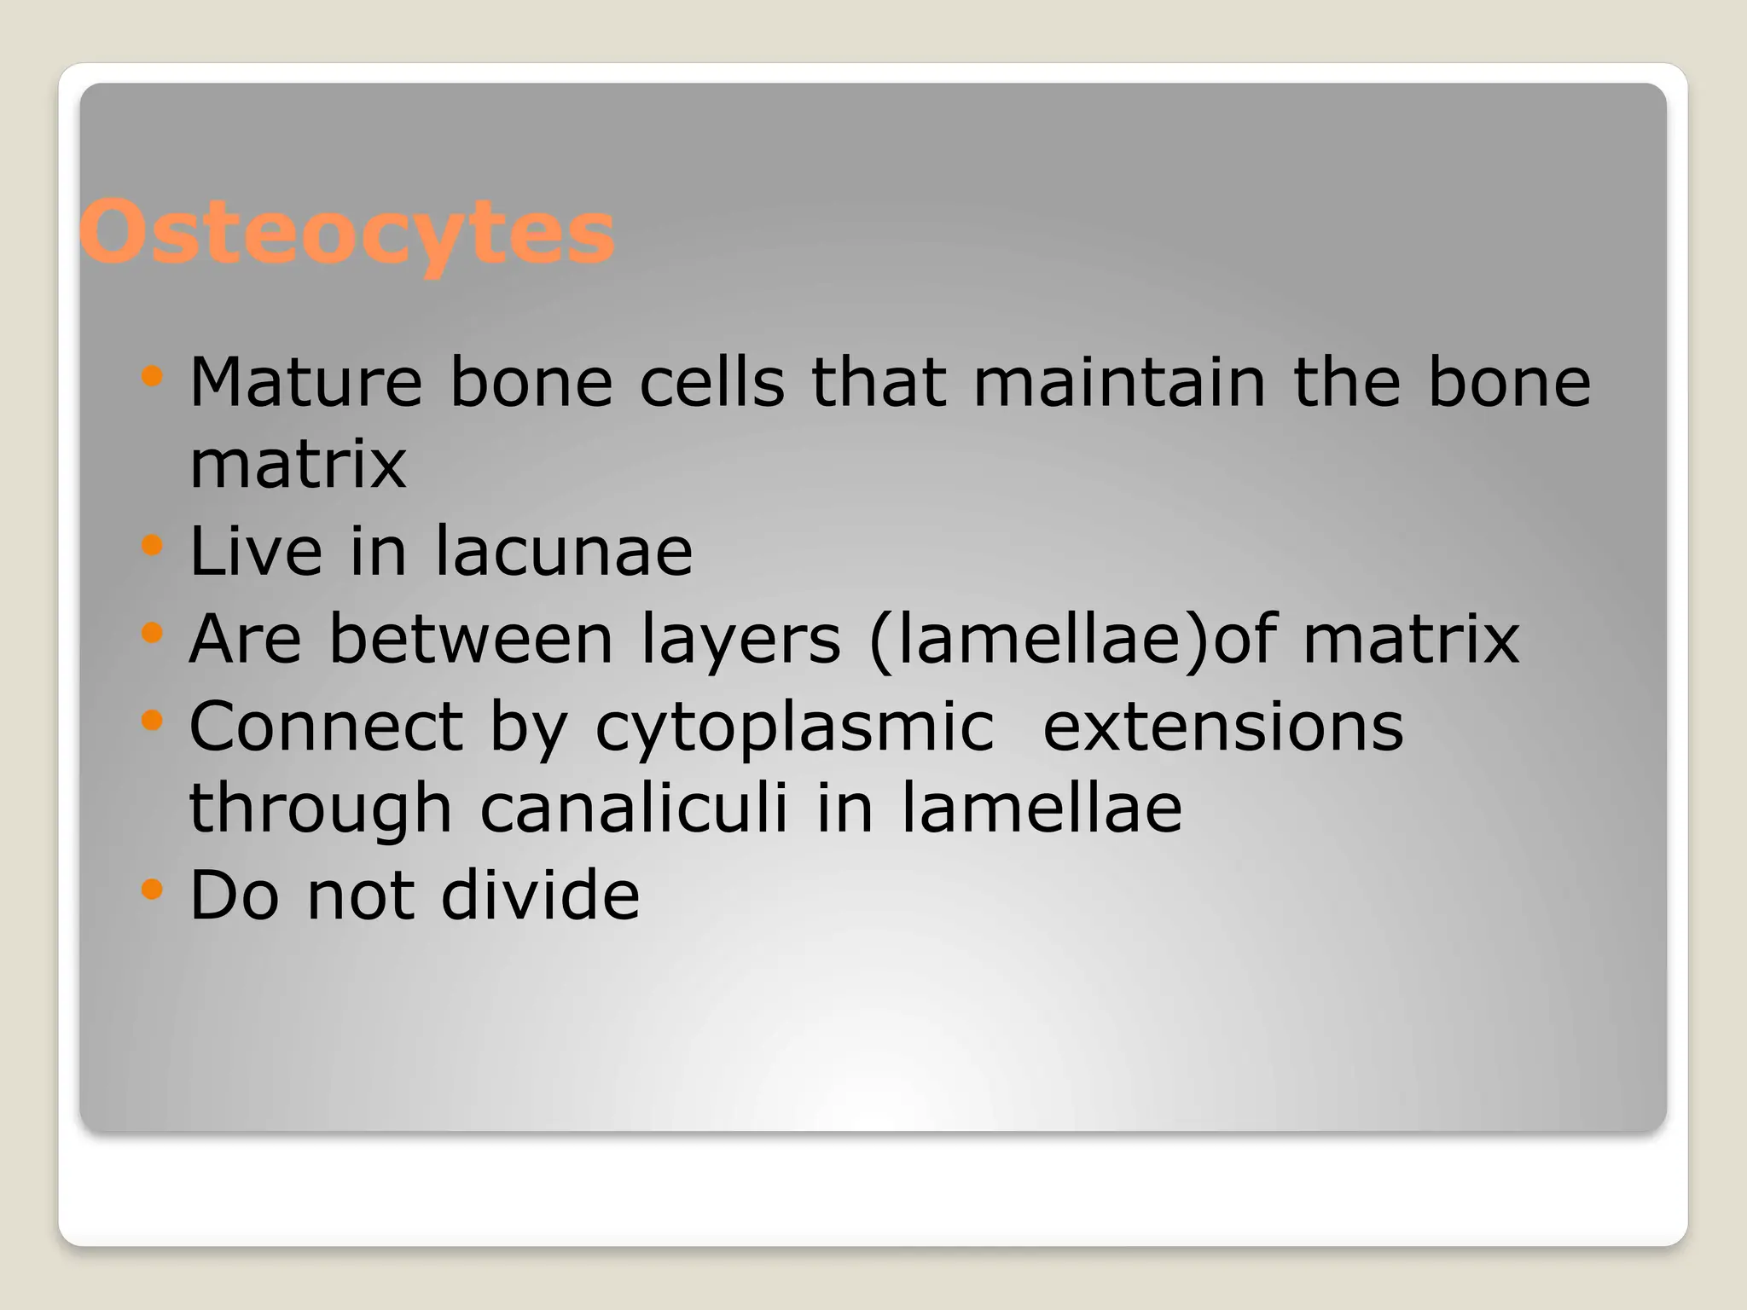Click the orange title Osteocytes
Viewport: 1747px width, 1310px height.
[346, 233]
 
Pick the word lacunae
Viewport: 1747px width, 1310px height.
[564, 551]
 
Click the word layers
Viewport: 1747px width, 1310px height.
[740, 640]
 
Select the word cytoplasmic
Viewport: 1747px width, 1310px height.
[794, 727]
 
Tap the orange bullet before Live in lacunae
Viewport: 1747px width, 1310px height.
[152, 545]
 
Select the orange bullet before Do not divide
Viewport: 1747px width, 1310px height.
[152, 890]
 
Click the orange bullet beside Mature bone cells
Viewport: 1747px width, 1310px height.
[152, 375]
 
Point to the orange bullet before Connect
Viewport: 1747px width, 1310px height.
[152, 721]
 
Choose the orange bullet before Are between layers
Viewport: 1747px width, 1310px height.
[152, 633]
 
